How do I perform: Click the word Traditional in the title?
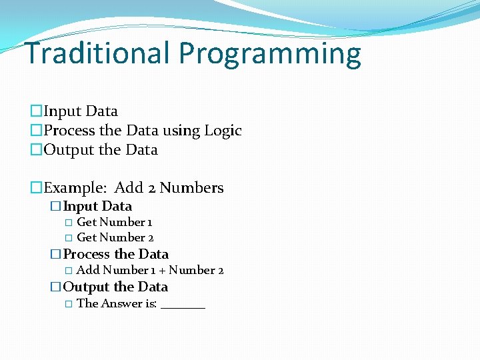[97, 54]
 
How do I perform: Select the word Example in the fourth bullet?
[74, 188]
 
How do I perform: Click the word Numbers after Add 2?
[191, 188]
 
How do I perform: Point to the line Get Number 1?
[114, 222]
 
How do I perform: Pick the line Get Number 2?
[115, 237]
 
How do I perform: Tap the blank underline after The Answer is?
[183, 305]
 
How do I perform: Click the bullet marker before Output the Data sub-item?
[56, 287]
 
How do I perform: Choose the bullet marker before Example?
[37, 188]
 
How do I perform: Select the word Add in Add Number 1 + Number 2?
[88, 270]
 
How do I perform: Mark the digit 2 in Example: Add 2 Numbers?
[151, 188]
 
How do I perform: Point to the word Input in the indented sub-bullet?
[80, 207]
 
